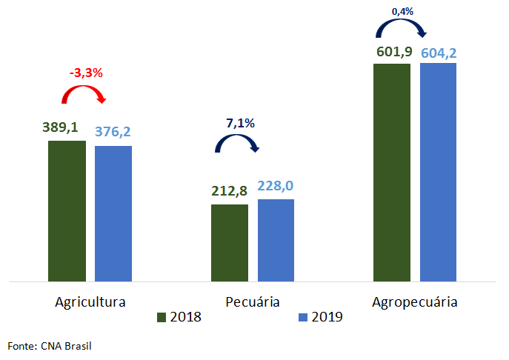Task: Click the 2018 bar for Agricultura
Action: (67, 211)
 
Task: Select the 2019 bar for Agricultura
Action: (113, 213)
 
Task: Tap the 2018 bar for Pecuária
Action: (230, 243)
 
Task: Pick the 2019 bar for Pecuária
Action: (276, 240)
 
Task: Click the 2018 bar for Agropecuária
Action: (392, 173)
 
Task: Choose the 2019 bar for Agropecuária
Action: (438, 172)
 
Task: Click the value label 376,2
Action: (113, 131)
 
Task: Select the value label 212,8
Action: (230, 193)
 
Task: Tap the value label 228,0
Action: (276, 186)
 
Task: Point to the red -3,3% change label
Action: (86, 73)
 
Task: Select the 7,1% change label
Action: (239, 123)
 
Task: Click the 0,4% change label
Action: (402, 10)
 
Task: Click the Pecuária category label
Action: (253, 302)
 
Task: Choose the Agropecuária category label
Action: (415, 302)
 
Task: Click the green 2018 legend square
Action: (161, 318)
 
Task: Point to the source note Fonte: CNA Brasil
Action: (50, 345)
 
